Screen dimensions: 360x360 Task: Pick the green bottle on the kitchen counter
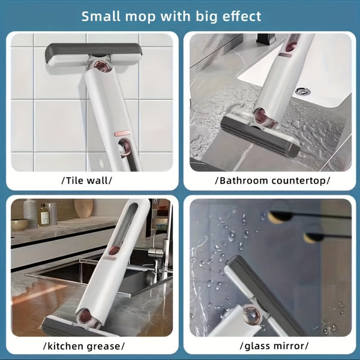(44, 214)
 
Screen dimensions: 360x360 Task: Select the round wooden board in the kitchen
(84, 208)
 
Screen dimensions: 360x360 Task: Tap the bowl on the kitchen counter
(19, 224)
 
